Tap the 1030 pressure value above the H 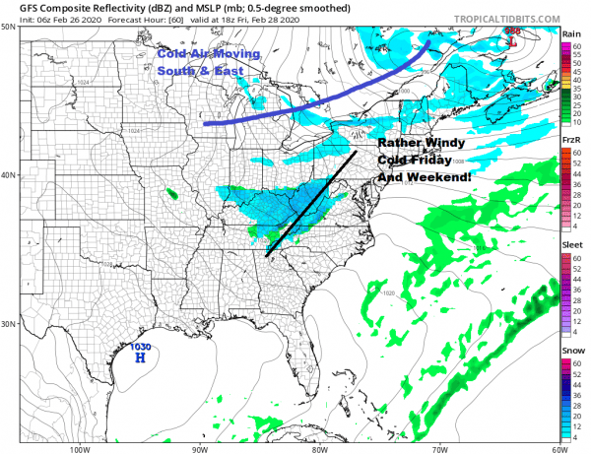[140, 347]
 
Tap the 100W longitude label [81, 448]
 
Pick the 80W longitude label [318, 448]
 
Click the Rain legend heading [570, 33]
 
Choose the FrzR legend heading [570, 142]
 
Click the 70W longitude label [437, 448]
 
